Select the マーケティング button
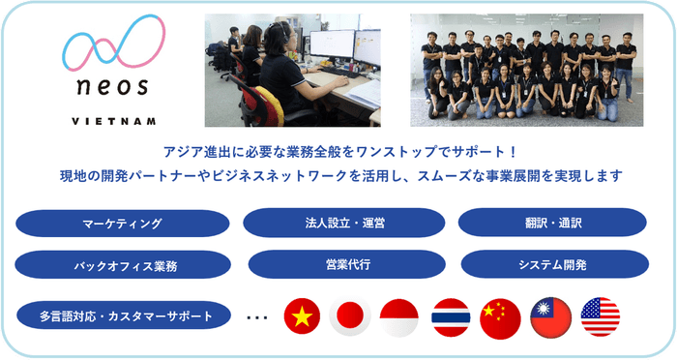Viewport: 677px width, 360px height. coord(122,224)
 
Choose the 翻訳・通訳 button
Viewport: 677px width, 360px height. coord(552,223)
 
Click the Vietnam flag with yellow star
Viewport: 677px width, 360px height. coord(302,316)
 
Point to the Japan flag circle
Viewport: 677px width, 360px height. coord(350,316)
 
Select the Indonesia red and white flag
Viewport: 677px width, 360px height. coord(399,316)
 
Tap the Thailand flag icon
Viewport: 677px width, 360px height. coord(451,316)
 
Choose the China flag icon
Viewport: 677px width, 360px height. coord(500,316)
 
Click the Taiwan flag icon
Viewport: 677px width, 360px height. coord(550,316)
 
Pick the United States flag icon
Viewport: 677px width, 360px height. coord(601,316)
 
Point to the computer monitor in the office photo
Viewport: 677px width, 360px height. coord(332,46)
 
